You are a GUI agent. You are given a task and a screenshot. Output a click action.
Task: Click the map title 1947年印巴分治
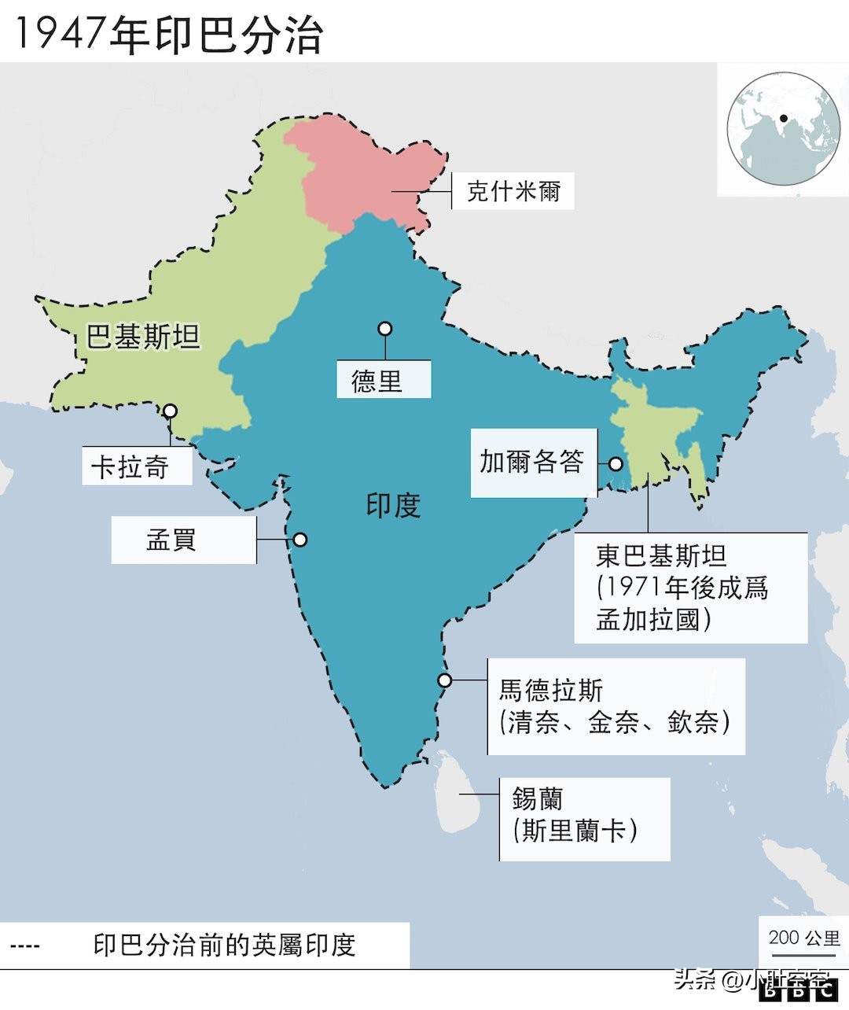[x=168, y=35]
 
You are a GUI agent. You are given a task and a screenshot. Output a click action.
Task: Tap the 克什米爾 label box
[x=513, y=191]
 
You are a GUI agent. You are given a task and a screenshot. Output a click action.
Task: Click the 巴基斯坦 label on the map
[x=143, y=337]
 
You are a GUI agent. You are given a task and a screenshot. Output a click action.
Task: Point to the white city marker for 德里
[x=384, y=329]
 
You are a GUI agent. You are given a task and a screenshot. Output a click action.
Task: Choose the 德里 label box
[x=384, y=379]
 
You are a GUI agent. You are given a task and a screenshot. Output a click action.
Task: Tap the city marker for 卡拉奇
[x=170, y=411]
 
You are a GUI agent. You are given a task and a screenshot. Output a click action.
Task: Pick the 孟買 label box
[x=183, y=540]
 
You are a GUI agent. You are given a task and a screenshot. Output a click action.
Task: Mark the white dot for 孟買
[x=300, y=540]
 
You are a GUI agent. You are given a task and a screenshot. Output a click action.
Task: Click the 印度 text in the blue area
[x=393, y=504]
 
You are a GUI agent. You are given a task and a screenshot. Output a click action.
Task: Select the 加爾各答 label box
[x=533, y=462]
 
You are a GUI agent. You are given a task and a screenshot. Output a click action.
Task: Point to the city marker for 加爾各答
[x=616, y=464]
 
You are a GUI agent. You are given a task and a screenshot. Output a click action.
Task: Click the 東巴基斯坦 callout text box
[x=690, y=588]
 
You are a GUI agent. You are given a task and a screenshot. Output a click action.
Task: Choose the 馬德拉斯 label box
[x=616, y=706]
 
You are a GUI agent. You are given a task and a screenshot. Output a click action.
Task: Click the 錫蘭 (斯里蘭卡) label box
[x=584, y=818]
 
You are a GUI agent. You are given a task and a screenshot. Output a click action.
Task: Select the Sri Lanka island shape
[x=455, y=791]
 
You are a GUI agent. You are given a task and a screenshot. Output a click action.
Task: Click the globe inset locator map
[x=782, y=128]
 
